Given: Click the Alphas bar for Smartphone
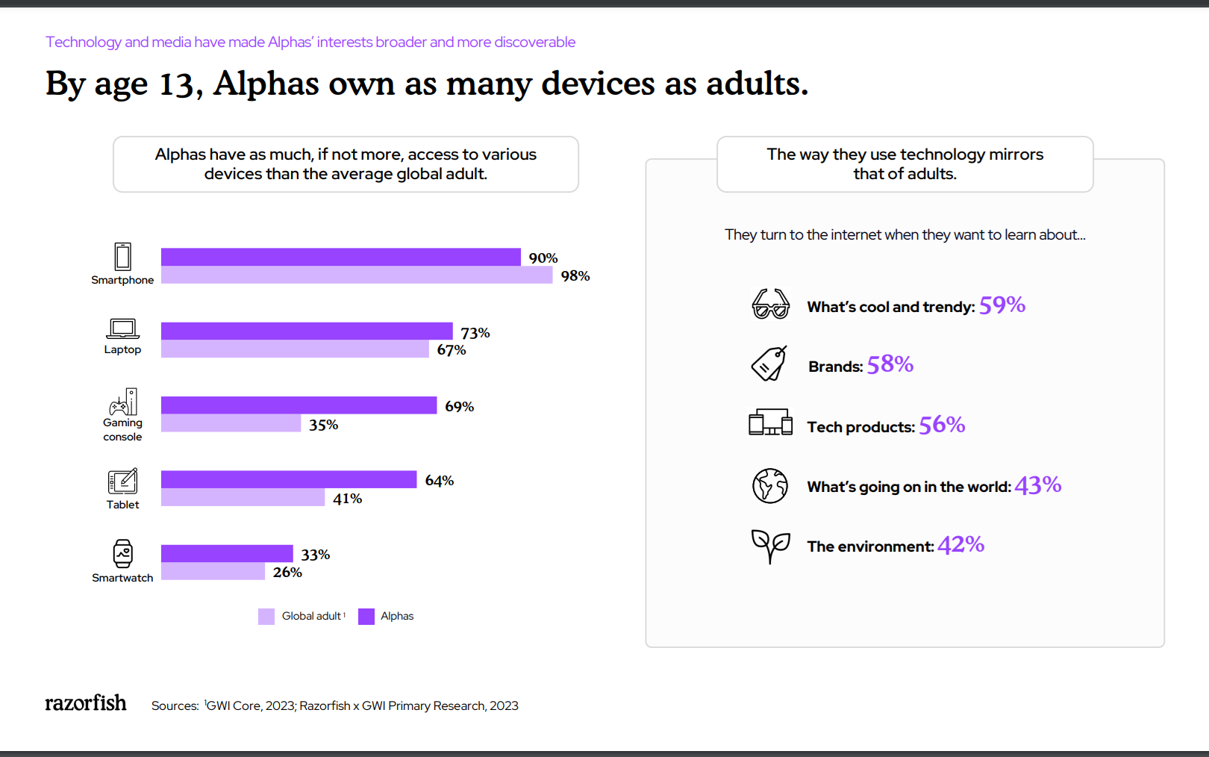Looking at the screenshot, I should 340,257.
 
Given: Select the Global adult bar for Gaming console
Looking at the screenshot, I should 231,423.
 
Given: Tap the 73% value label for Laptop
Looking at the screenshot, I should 475,333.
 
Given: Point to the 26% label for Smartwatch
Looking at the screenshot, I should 287,573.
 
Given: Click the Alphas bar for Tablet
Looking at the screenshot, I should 288,479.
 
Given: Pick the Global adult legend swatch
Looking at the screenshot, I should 266,616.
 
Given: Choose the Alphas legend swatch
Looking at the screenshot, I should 366,616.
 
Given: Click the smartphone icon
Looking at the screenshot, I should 123,256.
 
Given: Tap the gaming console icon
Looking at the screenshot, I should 123,402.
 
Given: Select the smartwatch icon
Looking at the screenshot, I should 123,554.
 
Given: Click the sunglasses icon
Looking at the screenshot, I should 770,305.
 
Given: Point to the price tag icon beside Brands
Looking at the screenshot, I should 769,364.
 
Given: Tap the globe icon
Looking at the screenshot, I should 770,485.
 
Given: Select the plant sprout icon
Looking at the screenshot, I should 770,546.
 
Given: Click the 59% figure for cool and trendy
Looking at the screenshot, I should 1002,305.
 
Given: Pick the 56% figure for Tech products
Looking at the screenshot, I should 942,425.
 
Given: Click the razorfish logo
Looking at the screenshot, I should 86,703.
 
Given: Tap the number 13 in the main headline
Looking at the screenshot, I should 177,84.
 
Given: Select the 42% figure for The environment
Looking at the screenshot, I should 960,545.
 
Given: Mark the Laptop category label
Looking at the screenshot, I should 122,349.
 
